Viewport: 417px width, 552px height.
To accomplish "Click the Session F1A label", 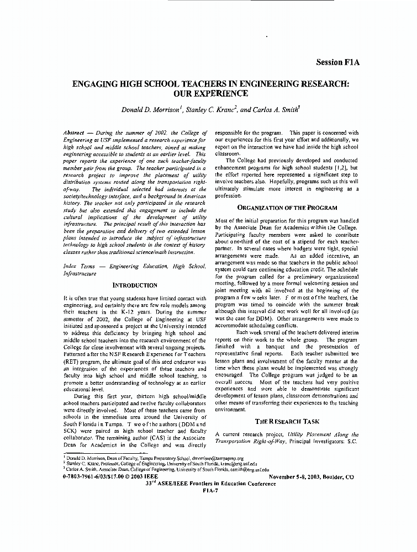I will point(337,62).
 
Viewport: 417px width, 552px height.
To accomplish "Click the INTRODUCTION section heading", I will point(135,285).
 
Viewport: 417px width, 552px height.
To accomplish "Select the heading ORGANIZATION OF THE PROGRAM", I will point(287,208).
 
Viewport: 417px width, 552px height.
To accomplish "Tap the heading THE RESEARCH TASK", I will point(287,421).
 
